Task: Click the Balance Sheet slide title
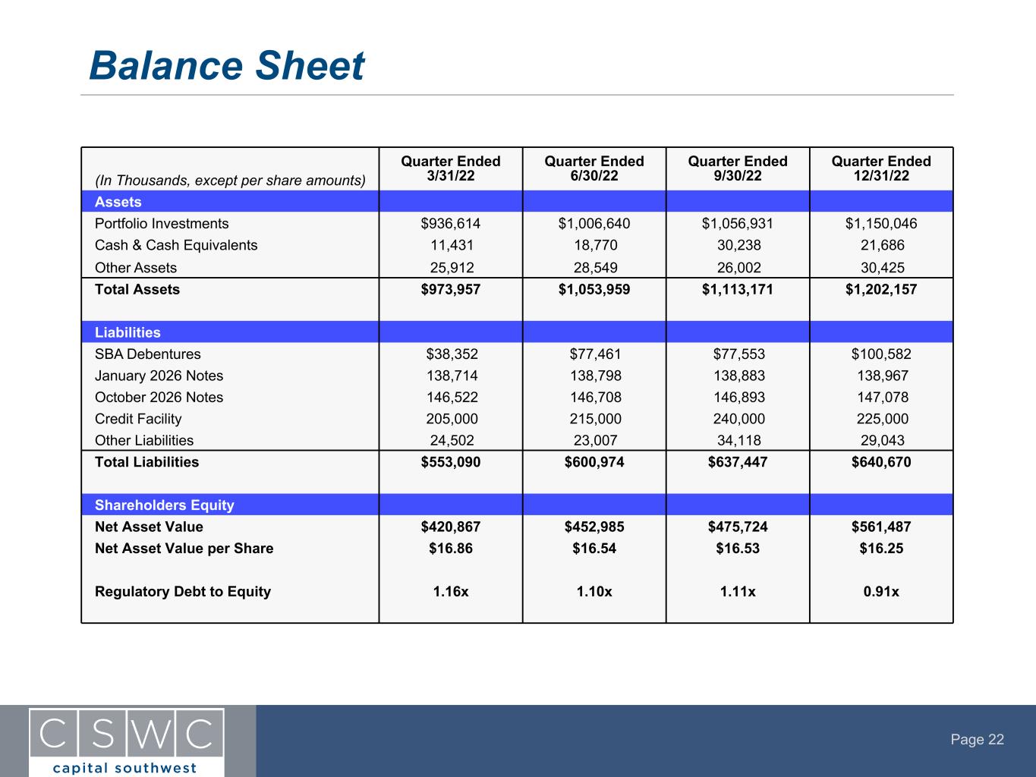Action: tap(226, 66)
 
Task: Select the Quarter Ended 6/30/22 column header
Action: tap(594, 168)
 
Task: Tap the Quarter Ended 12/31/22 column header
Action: tap(880, 168)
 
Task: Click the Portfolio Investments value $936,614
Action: tap(450, 224)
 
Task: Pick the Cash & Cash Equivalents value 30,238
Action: tap(737, 245)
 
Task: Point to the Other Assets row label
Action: tap(136, 268)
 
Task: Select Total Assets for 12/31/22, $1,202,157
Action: tap(880, 289)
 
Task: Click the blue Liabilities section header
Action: tap(128, 332)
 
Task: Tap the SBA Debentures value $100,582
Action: tap(880, 354)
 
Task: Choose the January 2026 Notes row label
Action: tap(159, 376)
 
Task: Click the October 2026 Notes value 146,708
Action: tap(594, 398)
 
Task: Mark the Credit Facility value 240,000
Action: tap(737, 419)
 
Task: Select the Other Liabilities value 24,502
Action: tap(450, 440)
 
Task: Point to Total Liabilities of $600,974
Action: tap(594, 462)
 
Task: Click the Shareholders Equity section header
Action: tap(164, 505)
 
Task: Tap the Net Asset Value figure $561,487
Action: tap(880, 527)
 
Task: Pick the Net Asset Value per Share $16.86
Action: tap(450, 549)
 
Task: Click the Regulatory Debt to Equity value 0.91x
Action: tap(880, 592)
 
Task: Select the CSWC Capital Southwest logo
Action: tap(127, 741)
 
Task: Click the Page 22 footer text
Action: tap(977, 740)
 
